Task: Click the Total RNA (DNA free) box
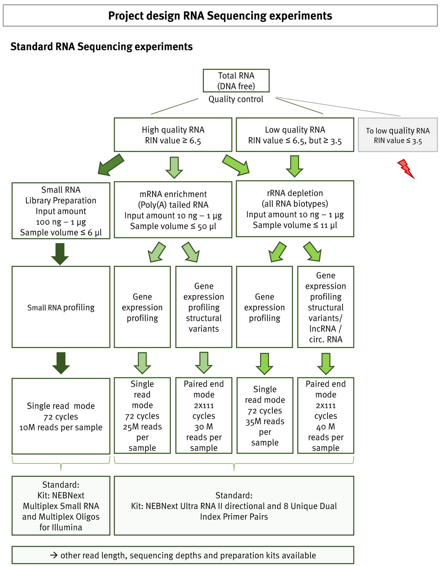pyautogui.click(x=236, y=80)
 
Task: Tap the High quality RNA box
pyautogui.click(x=173, y=135)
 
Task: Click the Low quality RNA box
pyautogui.click(x=295, y=135)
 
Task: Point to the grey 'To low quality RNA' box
pyautogui.click(x=398, y=135)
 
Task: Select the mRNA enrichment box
pyautogui.click(x=173, y=209)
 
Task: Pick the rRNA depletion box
pyautogui.click(x=295, y=208)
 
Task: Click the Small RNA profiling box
pyautogui.click(x=61, y=307)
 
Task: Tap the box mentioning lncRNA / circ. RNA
pyautogui.click(x=326, y=307)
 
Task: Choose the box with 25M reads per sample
pyautogui.click(x=142, y=415)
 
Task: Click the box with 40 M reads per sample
pyautogui.click(x=326, y=415)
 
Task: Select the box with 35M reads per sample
pyautogui.click(x=265, y=415)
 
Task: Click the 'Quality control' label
pyautogui.click(x=236, y=99)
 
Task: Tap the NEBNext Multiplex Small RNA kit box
pyautogui.click(x=61, y=506)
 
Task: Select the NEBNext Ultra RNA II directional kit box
pyautogui.click(x=234, y=506)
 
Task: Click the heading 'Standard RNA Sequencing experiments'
pyautogui.click(x=101, y=47)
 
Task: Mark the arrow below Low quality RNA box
pyautogui.click(x=294, y=166)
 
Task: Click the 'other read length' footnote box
pyautogui.click(x=183, y=555)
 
